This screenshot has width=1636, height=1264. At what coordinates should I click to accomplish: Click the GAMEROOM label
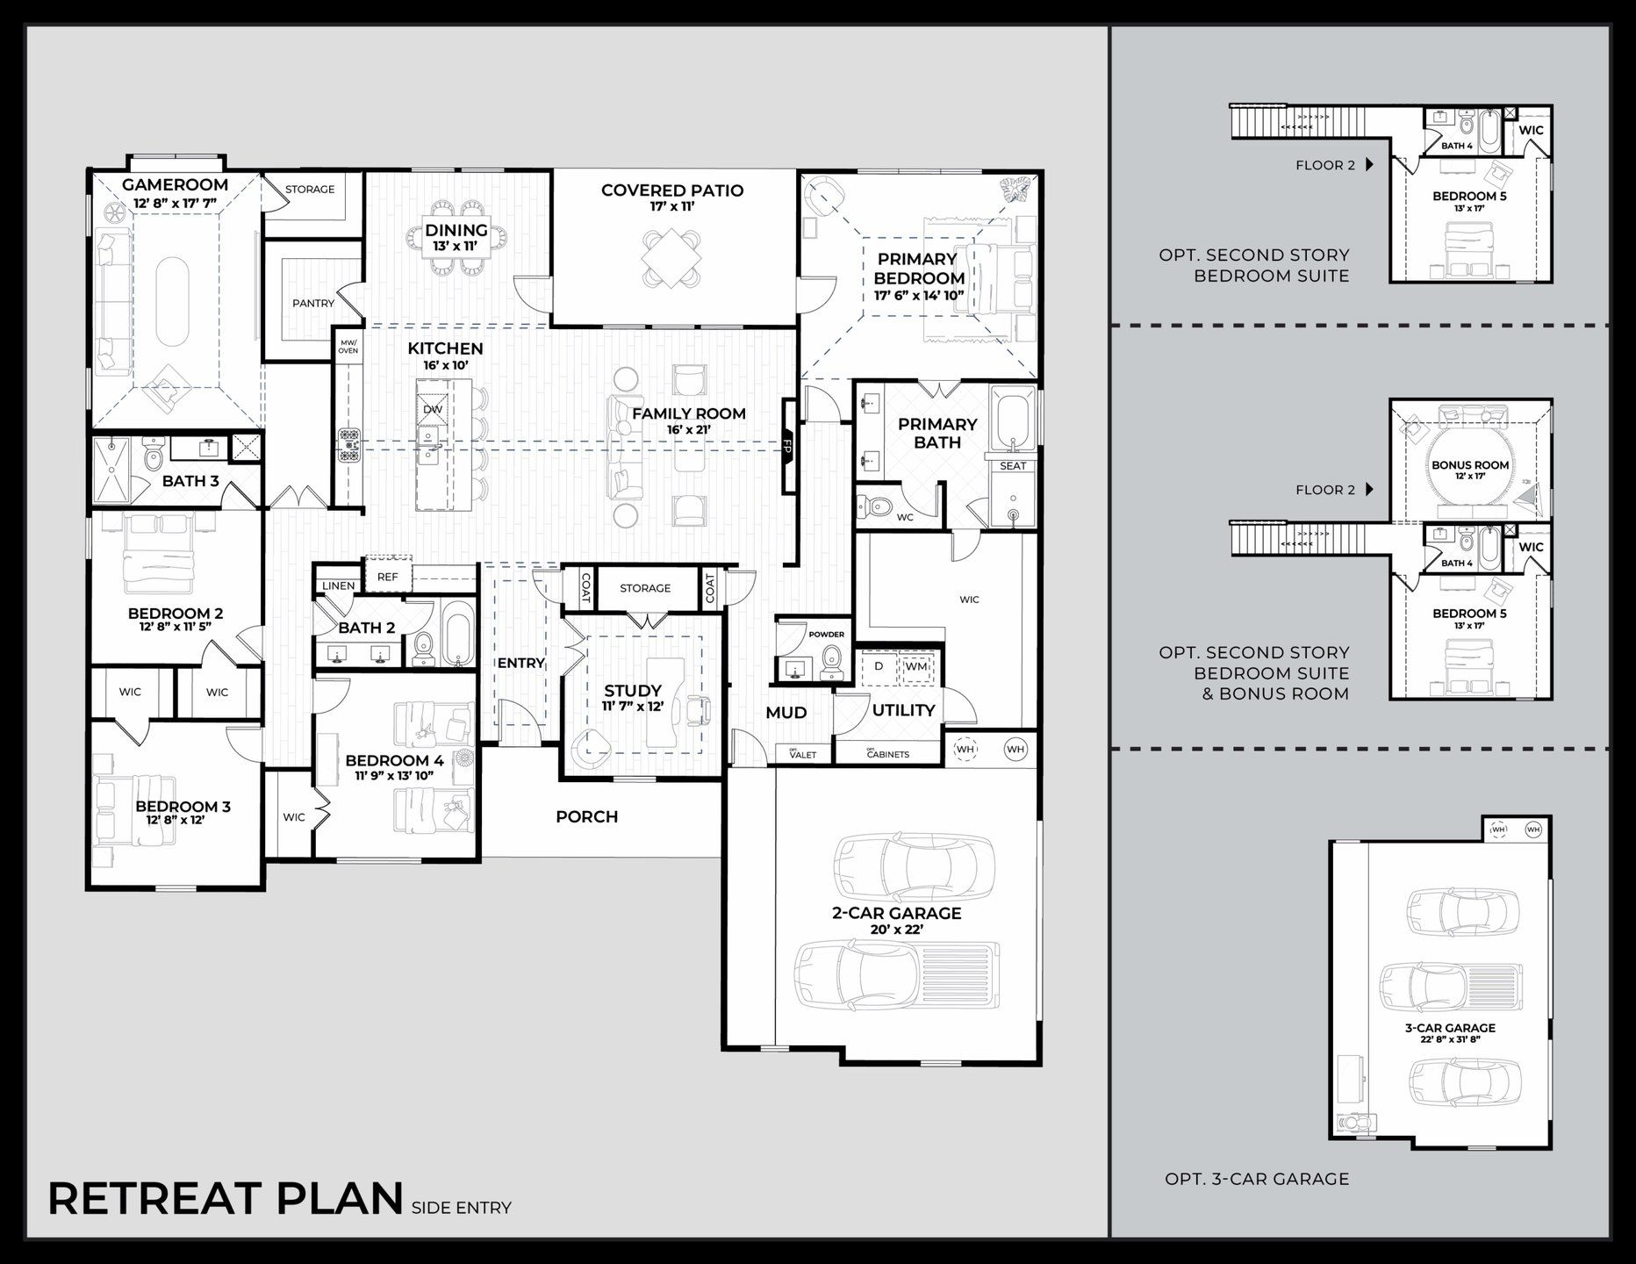pyautogui.click(x=175, y=185)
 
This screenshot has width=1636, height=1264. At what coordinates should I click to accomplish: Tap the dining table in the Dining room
pyautogui.click(x=457, y=237)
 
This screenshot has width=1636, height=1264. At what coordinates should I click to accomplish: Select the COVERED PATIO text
pyautogui.click(x=672, y=190)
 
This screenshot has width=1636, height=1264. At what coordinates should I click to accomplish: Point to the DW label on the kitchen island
pyautogui.click(x=433, y=409)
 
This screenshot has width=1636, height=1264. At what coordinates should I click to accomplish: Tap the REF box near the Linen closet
pyautogui.click(x=387, y=577)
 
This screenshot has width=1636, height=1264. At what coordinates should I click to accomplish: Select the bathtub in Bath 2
pyautogui.click(x=457, y=634)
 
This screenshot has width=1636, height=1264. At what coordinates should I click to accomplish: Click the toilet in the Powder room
pyautogui.click(x=829, y=663)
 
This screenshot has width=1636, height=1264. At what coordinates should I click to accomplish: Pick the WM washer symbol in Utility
pyautogui.click(x=916, y=666)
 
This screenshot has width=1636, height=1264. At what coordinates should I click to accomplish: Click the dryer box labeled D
pyautogui.click(x=878, y=666)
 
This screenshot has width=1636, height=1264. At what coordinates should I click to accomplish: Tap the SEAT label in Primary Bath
pyautogui.click(x=1012, y=465)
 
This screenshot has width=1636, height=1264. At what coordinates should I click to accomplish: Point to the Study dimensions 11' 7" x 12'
pyautogui.click(x=632, y=706)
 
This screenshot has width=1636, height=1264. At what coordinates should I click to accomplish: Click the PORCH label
pyautogui.click(x=586, y=816)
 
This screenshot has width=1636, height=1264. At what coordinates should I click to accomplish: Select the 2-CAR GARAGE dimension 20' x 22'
pyautogui.click(x=896, y=930)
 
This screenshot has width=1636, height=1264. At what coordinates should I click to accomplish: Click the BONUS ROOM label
pyautogui.click(x=1470, y=465)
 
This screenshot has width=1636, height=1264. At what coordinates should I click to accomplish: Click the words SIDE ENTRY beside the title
pyautogui.click(x=461, y=1208)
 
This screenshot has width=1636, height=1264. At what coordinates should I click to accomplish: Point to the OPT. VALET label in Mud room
pyautogui.click(x=802, y=753)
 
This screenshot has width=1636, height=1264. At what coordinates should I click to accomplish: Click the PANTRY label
pyautogui.click(x=313, y=303)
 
